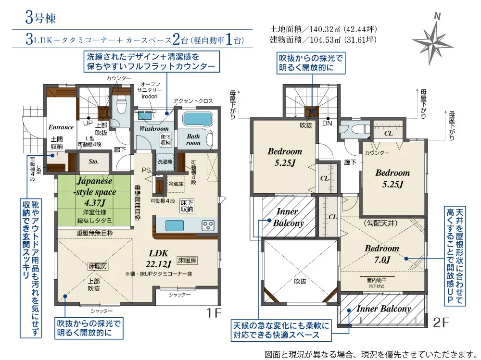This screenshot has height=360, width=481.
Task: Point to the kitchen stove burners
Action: tap(208, 225)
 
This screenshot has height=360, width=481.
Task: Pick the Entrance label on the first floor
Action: tap(61, 127)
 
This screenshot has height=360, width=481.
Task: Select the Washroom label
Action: tap(154, 129)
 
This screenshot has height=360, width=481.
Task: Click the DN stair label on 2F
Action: tap(328, 124)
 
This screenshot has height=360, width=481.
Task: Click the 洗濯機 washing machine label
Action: tap(165, 162)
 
